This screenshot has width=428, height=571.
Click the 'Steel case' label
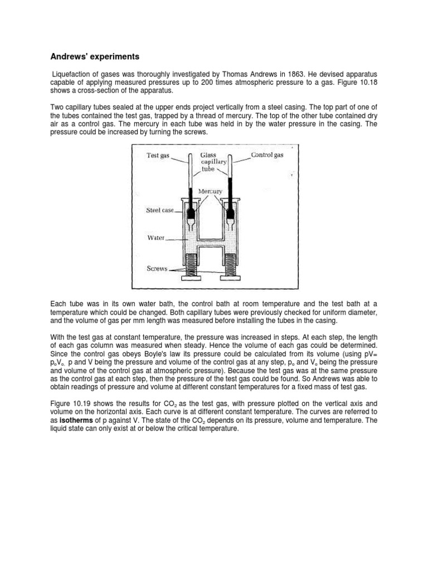point(160,210)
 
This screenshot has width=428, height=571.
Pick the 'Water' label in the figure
point(155,237)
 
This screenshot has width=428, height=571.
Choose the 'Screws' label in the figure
point(157,268)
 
